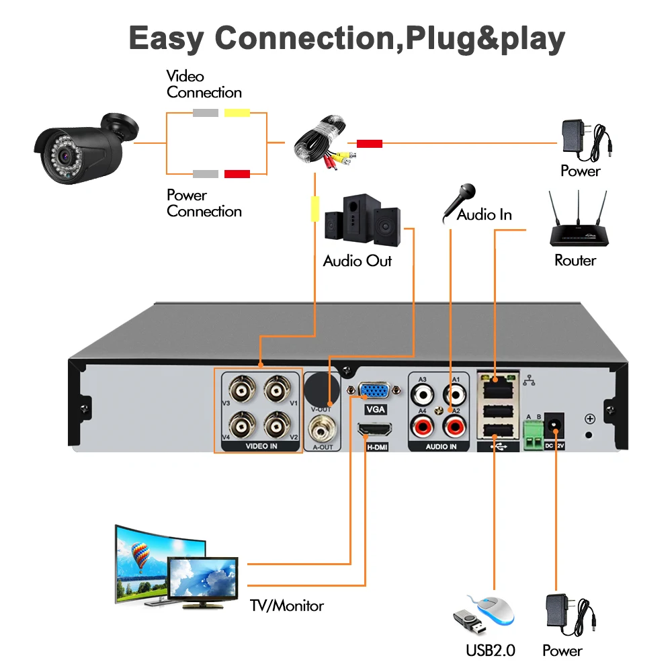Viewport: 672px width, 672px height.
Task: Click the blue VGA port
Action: pos(371,391)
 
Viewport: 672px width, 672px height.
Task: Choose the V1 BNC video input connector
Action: pos(276,389)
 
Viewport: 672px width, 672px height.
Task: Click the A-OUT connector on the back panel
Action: pos(323,425)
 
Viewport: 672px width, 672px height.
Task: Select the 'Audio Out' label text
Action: pos(357,261)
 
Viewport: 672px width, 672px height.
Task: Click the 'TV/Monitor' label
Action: pos(286,606)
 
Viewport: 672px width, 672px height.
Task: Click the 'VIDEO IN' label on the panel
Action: pos(258,446)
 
